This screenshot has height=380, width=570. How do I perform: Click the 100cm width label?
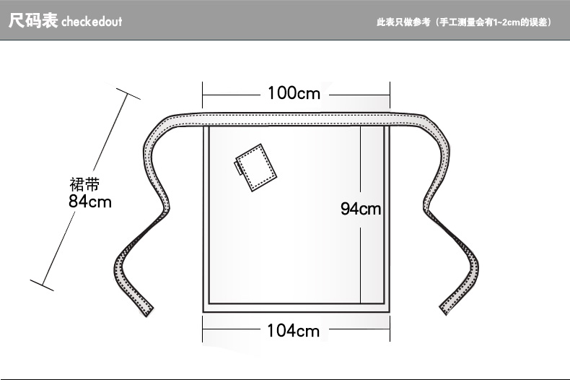click(294, 93)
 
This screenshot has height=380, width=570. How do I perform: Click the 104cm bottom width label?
click(293, 331)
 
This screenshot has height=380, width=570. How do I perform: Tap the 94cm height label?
click(360, 210)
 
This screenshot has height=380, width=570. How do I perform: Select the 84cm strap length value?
click(90, 202)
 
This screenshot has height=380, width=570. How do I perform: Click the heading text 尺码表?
click(32, 21)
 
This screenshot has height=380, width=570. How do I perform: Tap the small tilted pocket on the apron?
click(256, 167)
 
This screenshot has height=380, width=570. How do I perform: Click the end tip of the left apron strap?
click(144, 308)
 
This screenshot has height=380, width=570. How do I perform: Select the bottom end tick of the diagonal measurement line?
click(42, 284)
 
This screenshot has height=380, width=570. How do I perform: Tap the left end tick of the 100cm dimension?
click(203, 94)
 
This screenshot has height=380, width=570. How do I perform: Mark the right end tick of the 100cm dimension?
click(390, 94)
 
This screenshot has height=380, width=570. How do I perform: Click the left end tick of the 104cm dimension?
click(203, 331)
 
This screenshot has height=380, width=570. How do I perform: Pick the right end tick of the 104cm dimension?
click(390, 331)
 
